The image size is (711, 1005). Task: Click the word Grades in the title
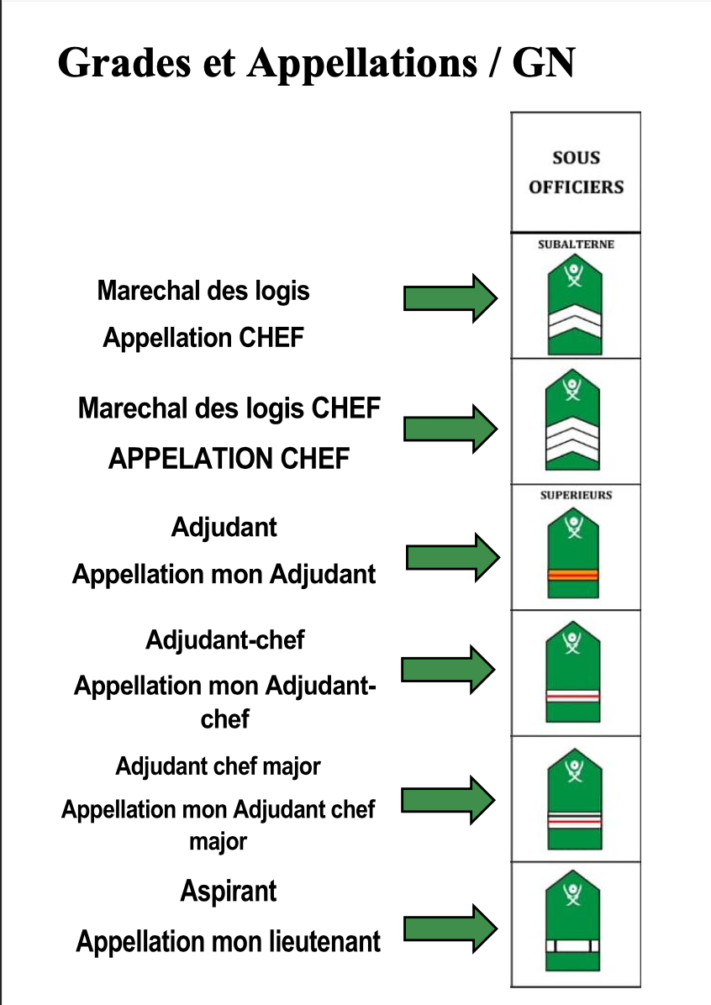(124, 63)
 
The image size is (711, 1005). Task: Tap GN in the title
(543, 63)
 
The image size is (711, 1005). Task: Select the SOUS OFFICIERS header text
(576, 171)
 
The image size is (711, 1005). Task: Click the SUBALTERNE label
(576, 245)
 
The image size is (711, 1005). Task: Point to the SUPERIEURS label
(576, 495)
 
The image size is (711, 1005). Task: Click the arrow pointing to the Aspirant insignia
(450, 928)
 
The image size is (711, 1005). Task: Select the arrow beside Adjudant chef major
(448, 799)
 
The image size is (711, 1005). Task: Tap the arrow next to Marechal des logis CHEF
(450, 429)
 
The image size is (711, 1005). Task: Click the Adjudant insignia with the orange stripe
(573, 552)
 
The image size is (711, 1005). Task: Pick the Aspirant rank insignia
(572, 920)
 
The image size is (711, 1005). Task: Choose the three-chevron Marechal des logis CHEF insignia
(572, 419)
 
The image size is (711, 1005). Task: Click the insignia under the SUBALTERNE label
(575, 304)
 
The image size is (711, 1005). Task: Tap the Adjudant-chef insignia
(572, 671)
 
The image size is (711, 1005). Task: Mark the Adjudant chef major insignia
(575, 798)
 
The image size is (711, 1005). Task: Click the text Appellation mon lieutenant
(229, 942)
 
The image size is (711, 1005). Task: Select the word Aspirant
(229, 892)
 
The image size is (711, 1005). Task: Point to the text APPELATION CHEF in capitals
(229, 458)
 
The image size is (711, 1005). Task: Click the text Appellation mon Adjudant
(224, 574)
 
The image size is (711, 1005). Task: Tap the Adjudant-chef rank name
(225, 639)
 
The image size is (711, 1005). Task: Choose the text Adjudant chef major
(218, 766)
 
